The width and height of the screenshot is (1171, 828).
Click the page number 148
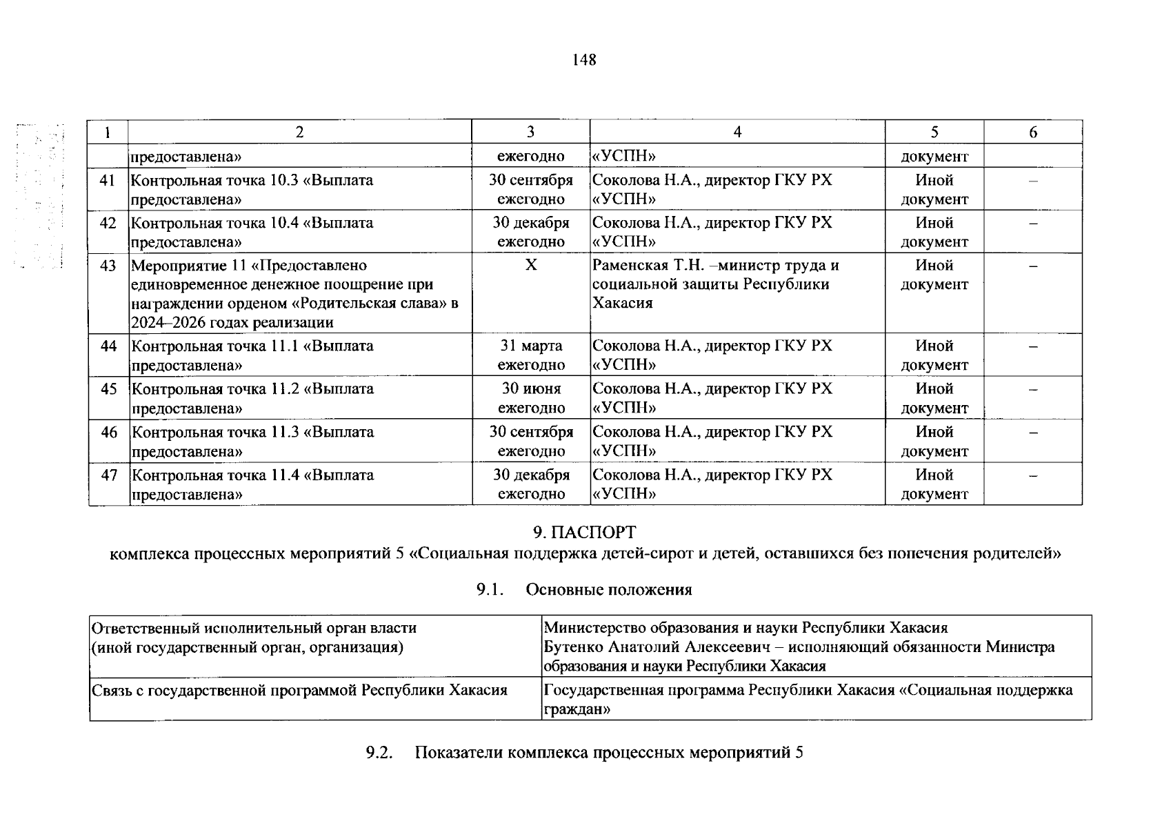pyautogui.click(x=583, y=60)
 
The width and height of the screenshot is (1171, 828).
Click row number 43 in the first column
pyautogui.click(x=108, y=266)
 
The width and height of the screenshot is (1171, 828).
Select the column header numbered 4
pyautogui.click(x=737, y=132)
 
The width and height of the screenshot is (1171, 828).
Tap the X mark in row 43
pyautogui.click(x=530, y=266)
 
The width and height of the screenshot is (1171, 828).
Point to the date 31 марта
pyautogui.click(x=531, y=346)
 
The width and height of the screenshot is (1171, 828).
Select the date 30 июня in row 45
pyautogui.click(x=531, y=388)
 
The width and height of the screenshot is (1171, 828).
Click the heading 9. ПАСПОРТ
pyautogui.click(x=585, y=532)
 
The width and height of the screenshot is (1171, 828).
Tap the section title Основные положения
pyautogui.click(x=608, y=589)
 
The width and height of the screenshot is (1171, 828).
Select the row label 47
pyautogui.click(x=109, y=475)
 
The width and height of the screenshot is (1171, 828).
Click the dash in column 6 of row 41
pyautogui.click(x=1032, y=181)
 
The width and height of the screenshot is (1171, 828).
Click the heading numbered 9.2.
pyautogui.click(x=379, y=753)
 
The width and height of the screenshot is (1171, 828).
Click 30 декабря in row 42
pyautogui.click(x=531, y=223)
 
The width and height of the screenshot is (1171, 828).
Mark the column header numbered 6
pyautogui.click(x=1032, y=132)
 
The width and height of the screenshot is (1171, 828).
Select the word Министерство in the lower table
pyautogui.click(x=590, y=628)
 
